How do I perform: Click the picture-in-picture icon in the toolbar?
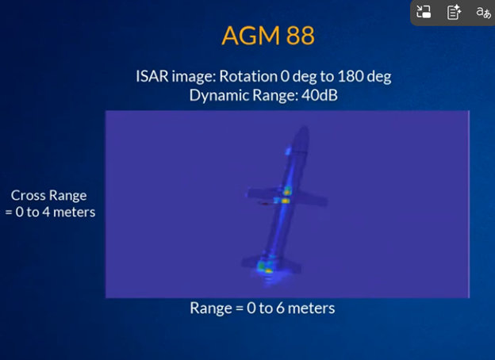coord(424,12)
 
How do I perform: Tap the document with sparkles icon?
coord(454,12)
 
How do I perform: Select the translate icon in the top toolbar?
coord(482,12)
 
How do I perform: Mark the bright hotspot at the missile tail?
coord(268,270)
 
